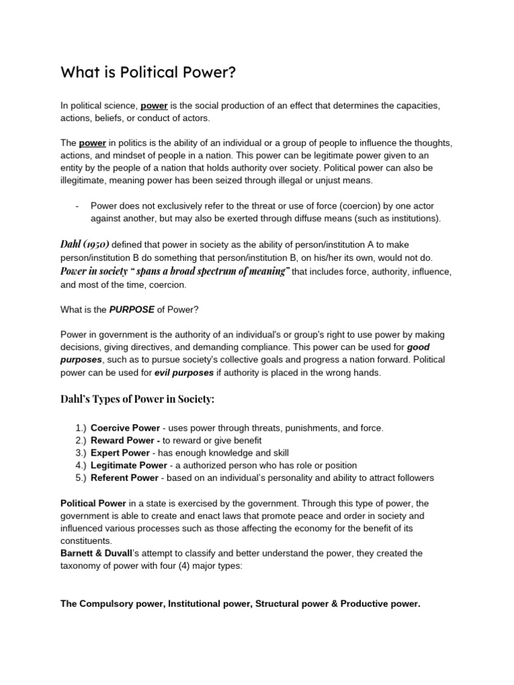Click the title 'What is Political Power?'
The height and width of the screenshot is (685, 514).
point(148,72)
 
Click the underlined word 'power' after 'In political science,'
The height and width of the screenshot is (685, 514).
point(154,106)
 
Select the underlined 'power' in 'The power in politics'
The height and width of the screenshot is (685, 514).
point(92,143)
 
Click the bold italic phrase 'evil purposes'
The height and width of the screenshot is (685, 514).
point(184,373)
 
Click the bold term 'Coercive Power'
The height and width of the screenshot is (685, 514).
point(125,427)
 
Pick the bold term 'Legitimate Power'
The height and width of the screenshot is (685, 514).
point(129,465)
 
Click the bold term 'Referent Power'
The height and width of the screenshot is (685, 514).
point(124,478)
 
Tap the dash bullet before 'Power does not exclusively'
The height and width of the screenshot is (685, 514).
point(78,205)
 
